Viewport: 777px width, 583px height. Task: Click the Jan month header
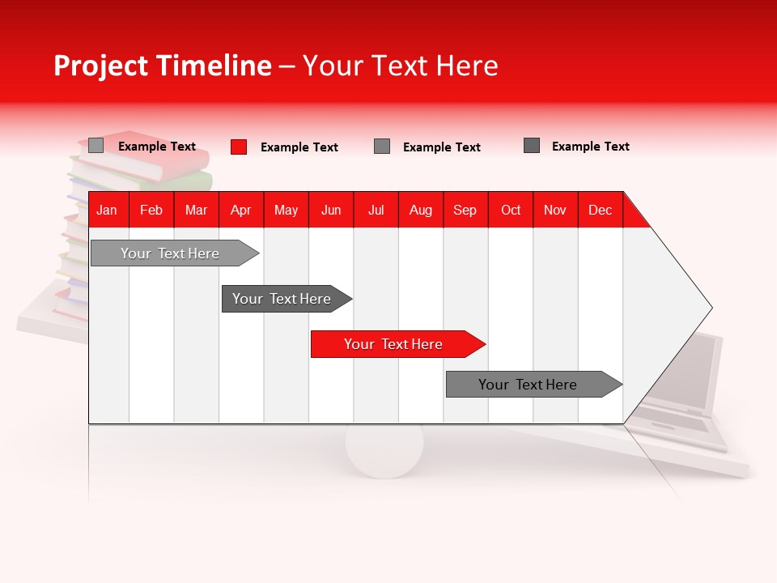click(x=107, y=210)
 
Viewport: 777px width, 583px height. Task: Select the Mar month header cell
click(x=196, y=210)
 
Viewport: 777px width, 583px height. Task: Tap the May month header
click(x=286, y=210)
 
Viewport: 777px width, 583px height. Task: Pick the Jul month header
click(x=376, y=210)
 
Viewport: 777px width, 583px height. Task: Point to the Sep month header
click(x=465, y=210)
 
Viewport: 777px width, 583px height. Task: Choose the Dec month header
click(x=600, y=210)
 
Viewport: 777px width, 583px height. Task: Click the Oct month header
click(x=511, y=210)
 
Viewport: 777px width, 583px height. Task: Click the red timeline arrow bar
click(x=397, y=344)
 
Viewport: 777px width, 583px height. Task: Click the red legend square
click(x=239, y=147)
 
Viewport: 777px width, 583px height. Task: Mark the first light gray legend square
click(x=96, y=146)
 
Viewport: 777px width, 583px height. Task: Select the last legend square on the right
click(x=532, y=146)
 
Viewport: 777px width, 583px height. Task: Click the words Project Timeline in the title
click(x=162, y=66)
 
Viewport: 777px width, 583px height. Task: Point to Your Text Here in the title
click(x=400, y=66)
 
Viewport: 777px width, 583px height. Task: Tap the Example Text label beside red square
click(x=299, y=147)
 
